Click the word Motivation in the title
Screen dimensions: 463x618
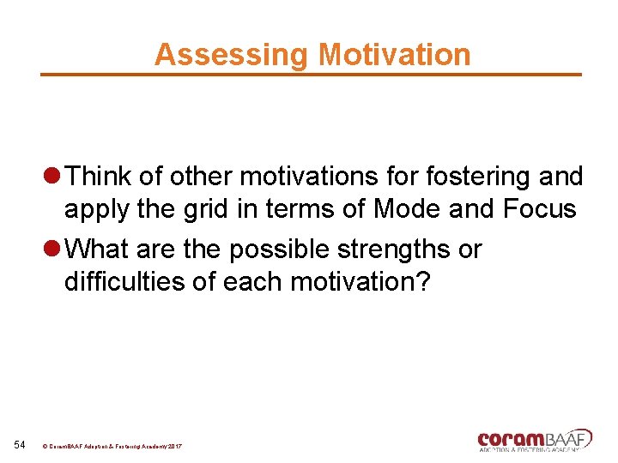pyautogui.click(x=394, y=55)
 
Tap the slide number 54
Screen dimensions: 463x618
pyautogui.click(x=20, y=444)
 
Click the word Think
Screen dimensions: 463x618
pyautogui.click(x=100, y=177)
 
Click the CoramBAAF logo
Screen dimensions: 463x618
pyautogui.click(x=535, y=439)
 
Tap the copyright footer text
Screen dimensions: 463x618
pyautogui.click(x=112, y=447)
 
